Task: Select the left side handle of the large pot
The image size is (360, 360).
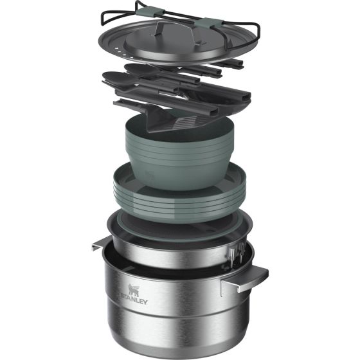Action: pyautogui.click(x=101, y=244)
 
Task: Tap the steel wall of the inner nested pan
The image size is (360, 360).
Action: pyautogui.click(x=167, y=248)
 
